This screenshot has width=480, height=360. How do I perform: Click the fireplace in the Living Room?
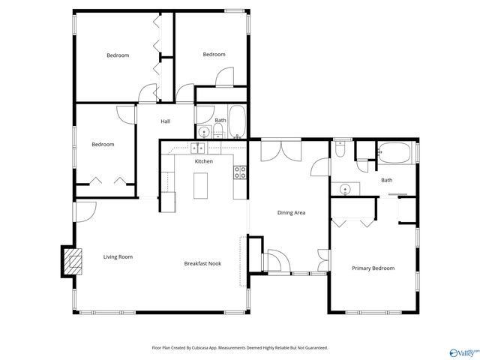click(73, 262)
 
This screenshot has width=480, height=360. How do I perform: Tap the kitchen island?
click(200, 185)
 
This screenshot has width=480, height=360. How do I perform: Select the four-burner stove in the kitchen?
click(240, 172)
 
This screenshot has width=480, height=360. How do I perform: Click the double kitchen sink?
click(200, 148)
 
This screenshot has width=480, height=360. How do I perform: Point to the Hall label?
click(165, 121)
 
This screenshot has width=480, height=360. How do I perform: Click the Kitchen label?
click(203, 161)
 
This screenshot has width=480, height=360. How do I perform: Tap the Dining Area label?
click(292, 213)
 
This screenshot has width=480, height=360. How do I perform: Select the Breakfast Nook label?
click(202, 263)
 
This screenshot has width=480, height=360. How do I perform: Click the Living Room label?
click(118, 257)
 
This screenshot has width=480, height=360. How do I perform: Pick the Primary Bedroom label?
click(373, 268)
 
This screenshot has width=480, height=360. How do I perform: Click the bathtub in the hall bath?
click(237, 123)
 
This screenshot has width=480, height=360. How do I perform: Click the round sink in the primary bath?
click(346, 188)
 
